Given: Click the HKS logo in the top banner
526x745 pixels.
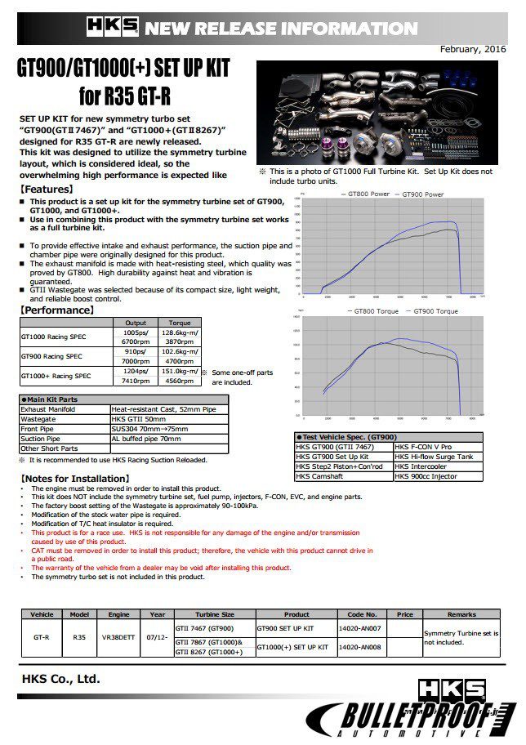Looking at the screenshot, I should tap(112, 28).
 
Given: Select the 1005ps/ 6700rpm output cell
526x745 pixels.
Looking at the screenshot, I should tap(135, 337).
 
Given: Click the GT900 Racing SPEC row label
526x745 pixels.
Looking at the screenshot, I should tap(51, 356).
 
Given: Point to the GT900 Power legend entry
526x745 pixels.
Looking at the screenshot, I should tap(421, 194).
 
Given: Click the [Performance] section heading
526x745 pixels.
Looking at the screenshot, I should tap(57, 310).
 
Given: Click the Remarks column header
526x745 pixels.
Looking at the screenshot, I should tap(461, 614).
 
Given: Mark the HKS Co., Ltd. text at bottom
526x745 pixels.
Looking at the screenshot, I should tap(61, 678).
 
